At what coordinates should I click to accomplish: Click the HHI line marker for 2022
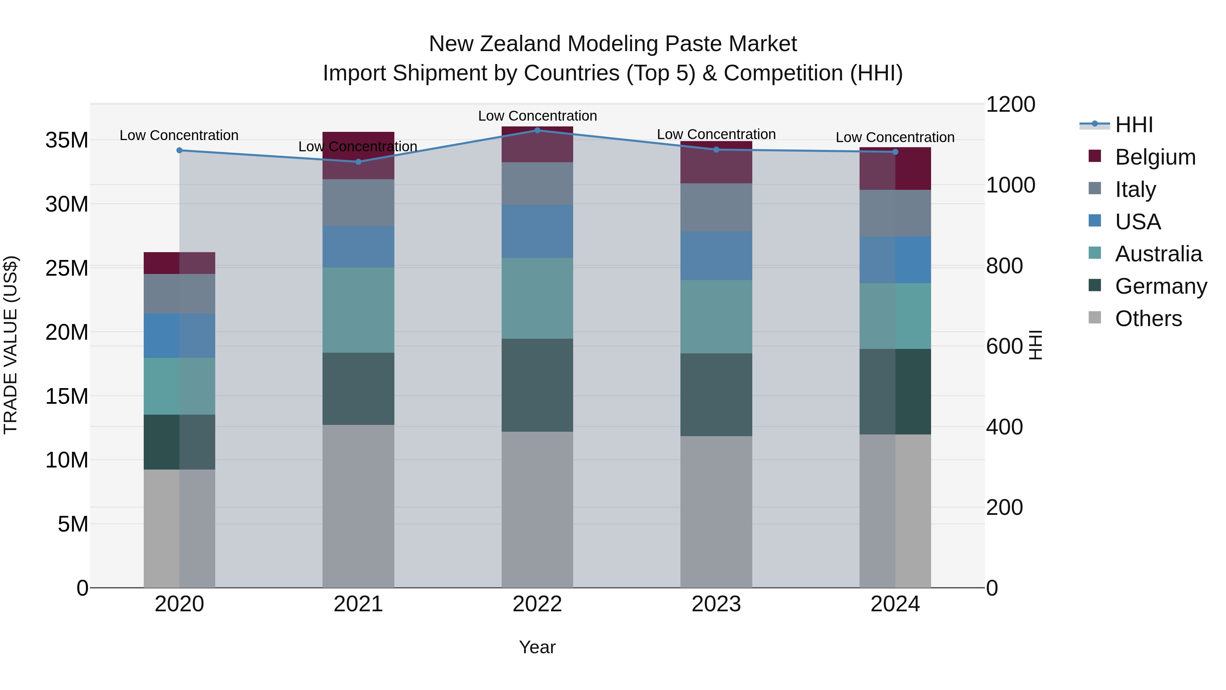[537, 130]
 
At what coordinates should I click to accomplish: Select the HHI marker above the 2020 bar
[179, 151]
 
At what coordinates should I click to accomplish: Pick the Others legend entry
[1148, 319]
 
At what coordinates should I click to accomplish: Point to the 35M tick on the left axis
[67, 140]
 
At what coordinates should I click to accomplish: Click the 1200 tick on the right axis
[1010, 104]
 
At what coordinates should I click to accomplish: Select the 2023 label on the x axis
[716, 604]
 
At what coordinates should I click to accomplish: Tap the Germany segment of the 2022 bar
[537, 385]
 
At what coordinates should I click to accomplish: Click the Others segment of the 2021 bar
[358, 506]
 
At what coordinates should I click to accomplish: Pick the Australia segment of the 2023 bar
[716, 316]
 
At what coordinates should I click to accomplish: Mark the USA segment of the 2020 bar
[179, 335]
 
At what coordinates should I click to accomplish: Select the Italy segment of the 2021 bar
[358, 202]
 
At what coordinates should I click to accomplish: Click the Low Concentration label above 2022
[537, 116]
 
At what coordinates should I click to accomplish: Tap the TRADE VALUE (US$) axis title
[11, 345]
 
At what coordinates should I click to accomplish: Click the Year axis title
[537, 647]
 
